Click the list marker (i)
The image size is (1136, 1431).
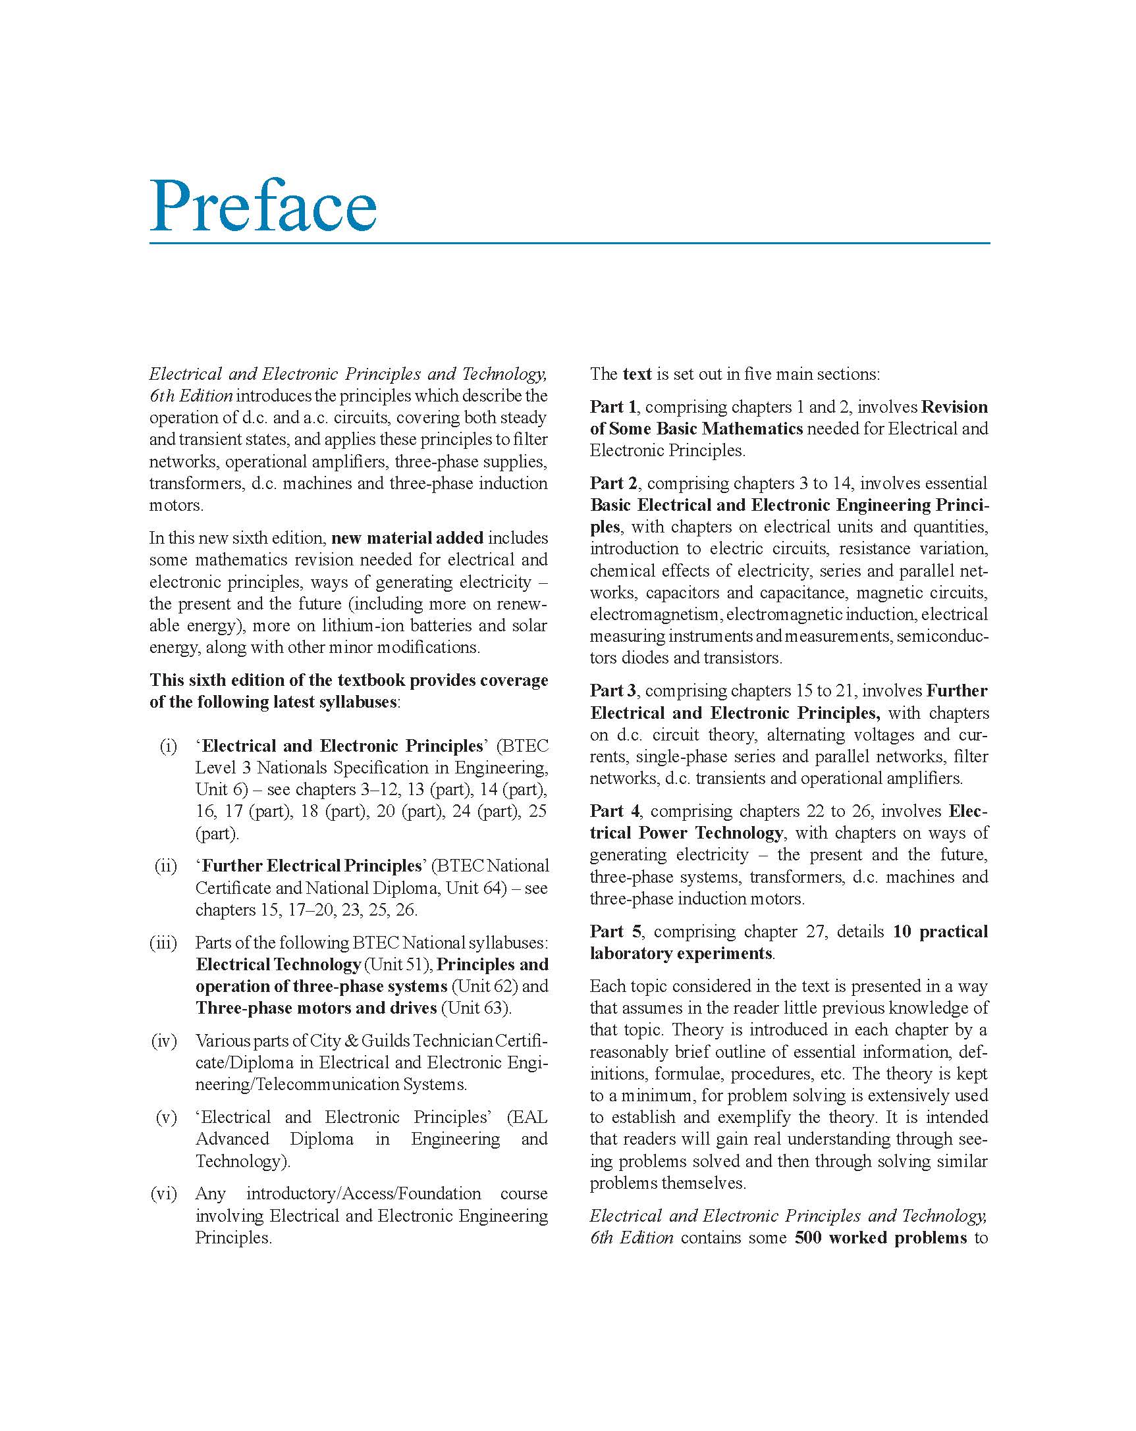tap(169, 746)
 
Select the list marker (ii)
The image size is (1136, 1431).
tap(166, 866)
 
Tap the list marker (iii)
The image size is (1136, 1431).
tap(163, 943)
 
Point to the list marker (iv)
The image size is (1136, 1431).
tap(164, 1041)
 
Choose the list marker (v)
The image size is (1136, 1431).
tap(167, 1117)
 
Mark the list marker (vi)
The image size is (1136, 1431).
tap(164, 1193)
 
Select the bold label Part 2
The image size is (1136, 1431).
tap(614, 483)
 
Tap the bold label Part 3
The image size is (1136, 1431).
tap(613, 691)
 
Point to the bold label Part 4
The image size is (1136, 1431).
tap(615, 811)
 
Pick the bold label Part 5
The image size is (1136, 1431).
tap(616, 931)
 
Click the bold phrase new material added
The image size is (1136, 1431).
tap(407, 538)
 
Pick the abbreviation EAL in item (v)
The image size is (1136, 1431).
tap(529, 1117)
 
